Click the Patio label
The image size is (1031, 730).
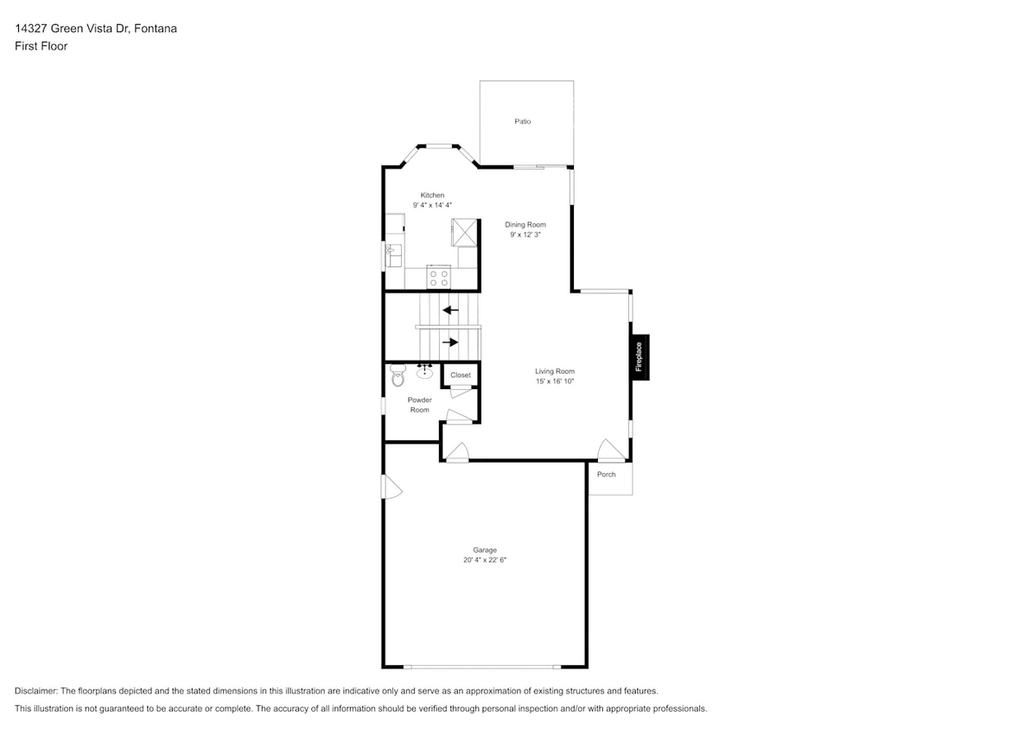pyautogui.click(x=522, y=121)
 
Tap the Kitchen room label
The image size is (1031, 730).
pyautogui.click(x=432, y=195)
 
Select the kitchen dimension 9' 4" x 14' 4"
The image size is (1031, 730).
pyautogui.click(x=432, y=206)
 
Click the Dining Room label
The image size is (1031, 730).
pyautogui.click(x=525, y=225)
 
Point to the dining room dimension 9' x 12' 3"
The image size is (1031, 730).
pyautogui.click(x=525, y=234)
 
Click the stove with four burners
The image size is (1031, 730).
pyautogui.click(x=439, y=278)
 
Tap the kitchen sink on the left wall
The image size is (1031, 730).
pyautogui.click(x=393, y=256)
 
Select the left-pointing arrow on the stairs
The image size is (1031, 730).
pyautogui.click(x=450, y=310)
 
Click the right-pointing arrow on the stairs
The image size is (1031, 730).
pyautogui.click(x=450, y=343)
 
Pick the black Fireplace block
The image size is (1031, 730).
pyautogui.click(x=640, y=357)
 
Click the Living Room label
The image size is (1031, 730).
pyautogui.click(x=554, y=371)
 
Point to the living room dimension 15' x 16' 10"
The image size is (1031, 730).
pyautogui.click(x=554, y=381)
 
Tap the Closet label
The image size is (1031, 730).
pyautogui.click(x=461, y=375)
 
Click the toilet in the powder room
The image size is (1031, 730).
pyautogui.click(x=398, y=376)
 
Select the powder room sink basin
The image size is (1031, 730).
pyautogui.click(x=424, y=373)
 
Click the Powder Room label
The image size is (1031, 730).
pyautogui.click(x=419, y=405)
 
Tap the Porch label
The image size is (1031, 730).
pyautogui.click(x=606, y=474)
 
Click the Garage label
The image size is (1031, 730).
pyautogui.click(x=484, y=550)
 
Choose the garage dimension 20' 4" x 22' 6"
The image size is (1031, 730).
pyautogui.click(x=484, y=560)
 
